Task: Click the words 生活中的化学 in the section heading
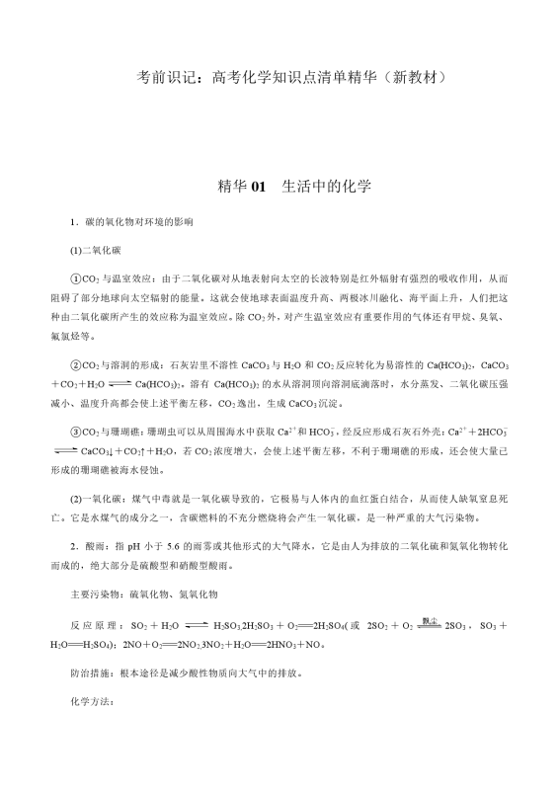327,186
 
